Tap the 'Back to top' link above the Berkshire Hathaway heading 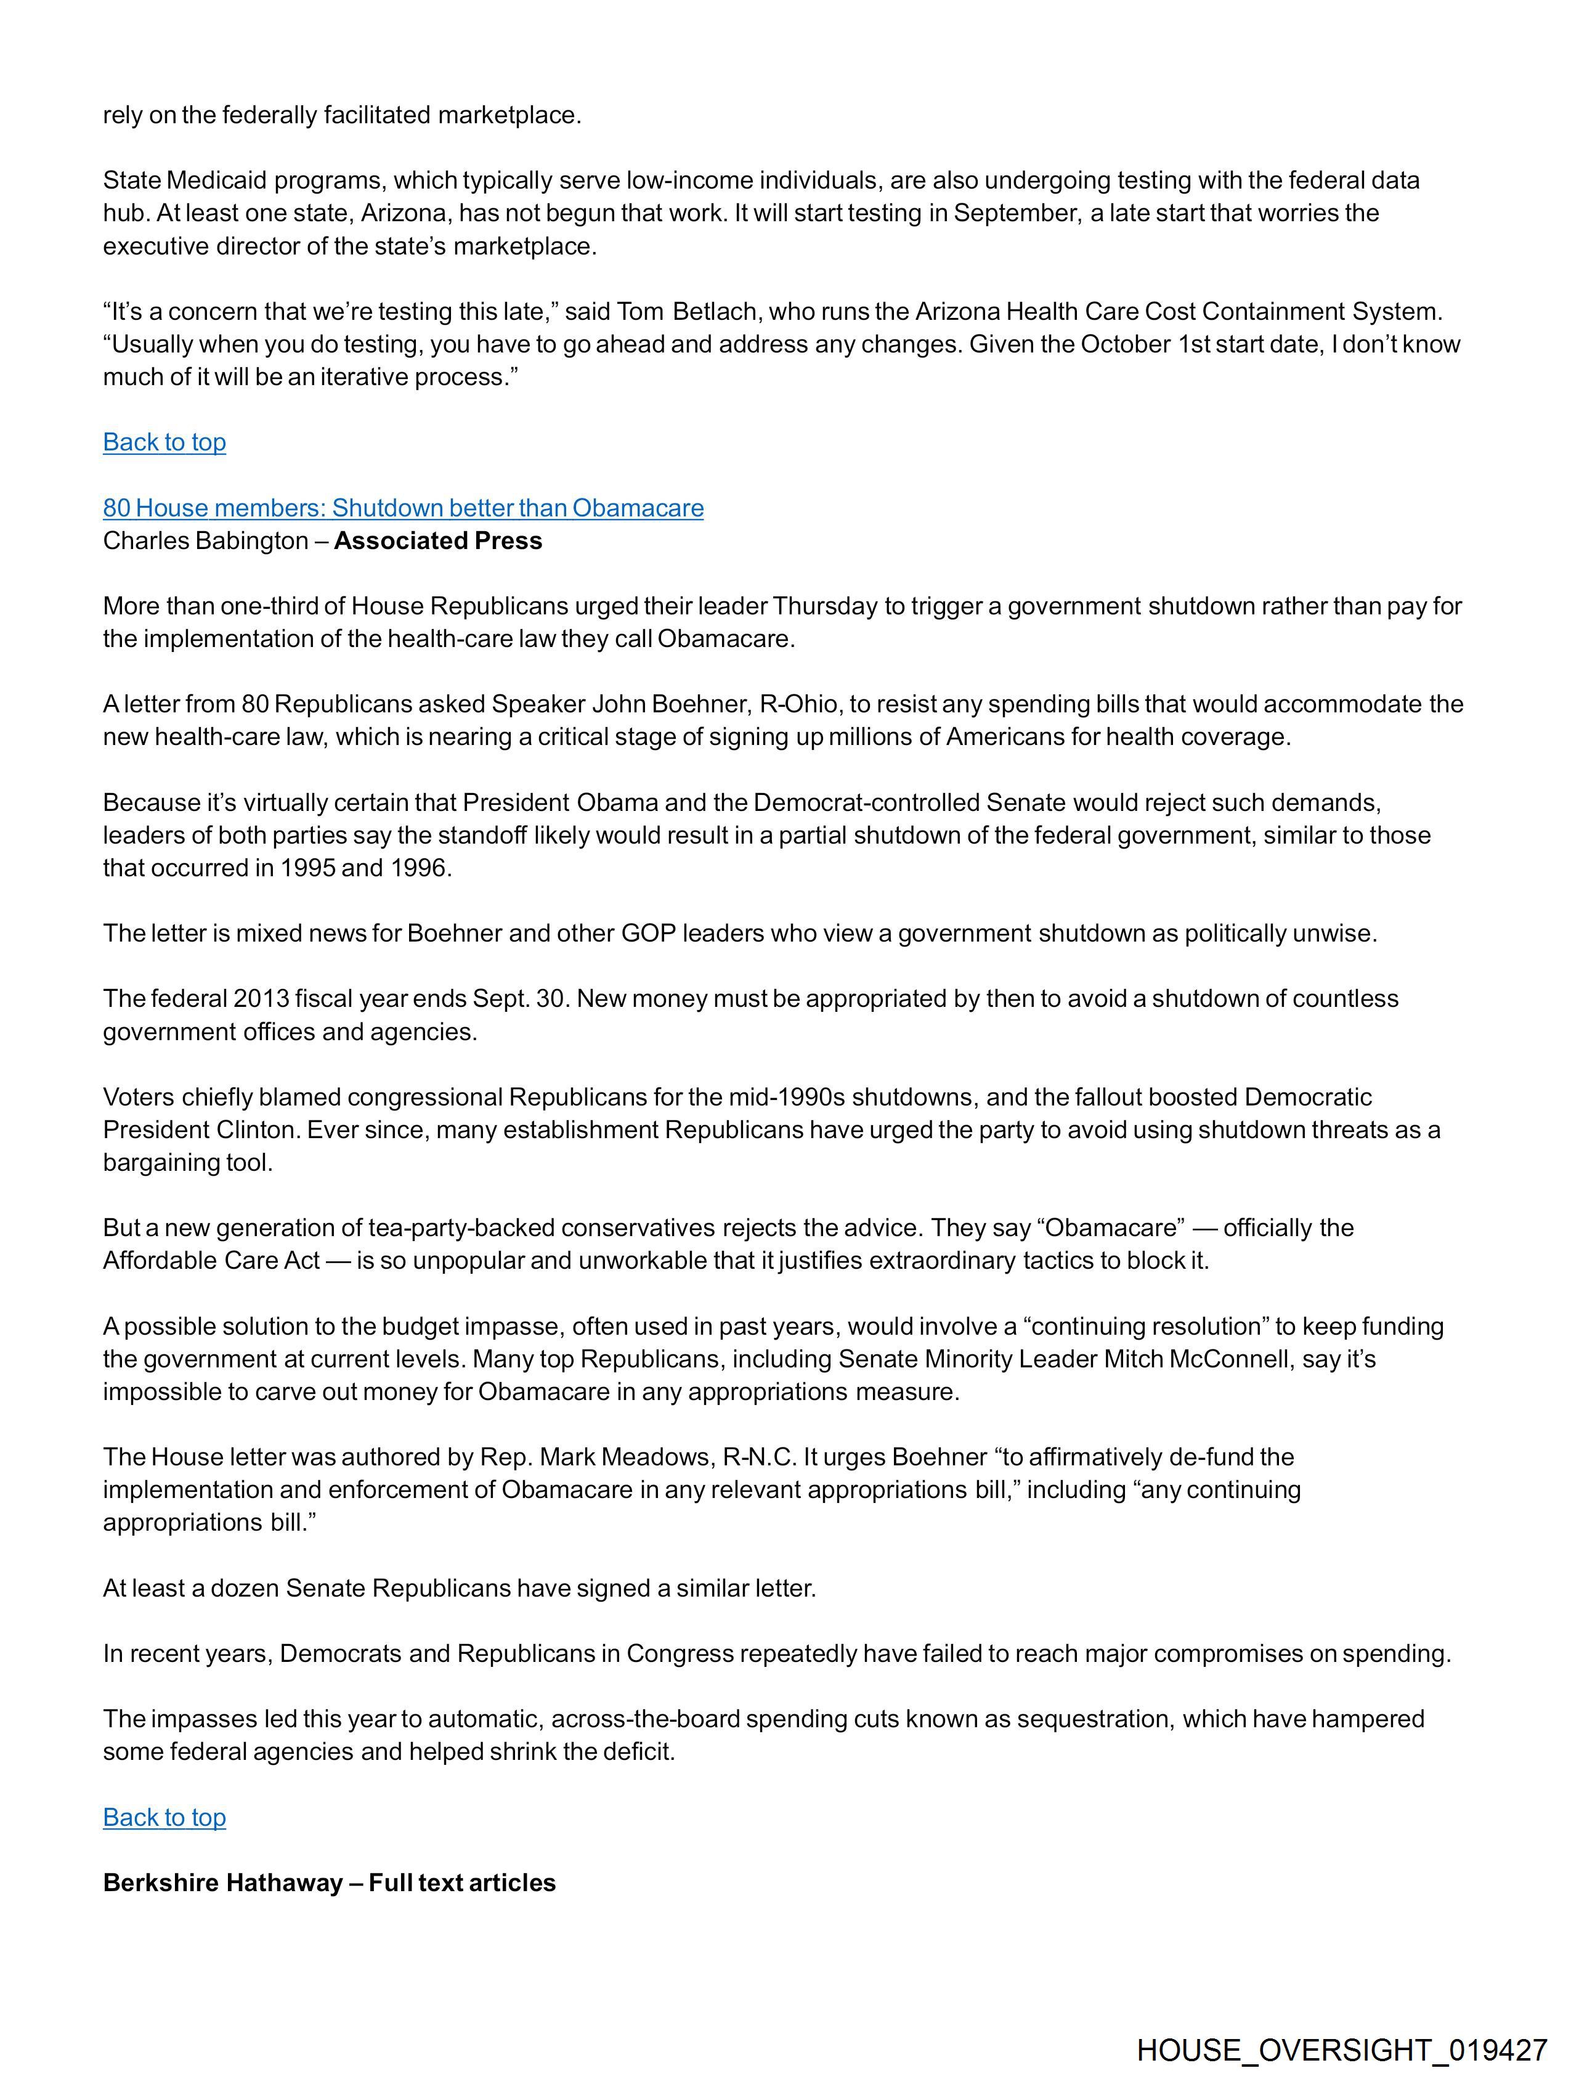click(164, 1817)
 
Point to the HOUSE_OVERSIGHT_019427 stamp click(1341, 2050)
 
